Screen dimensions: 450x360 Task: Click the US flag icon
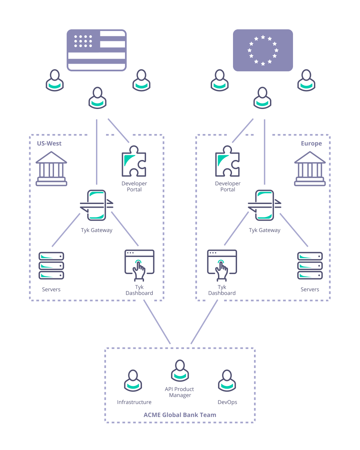click(97, 50)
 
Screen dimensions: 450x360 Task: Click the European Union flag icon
click(263, 50)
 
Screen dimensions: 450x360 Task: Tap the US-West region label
click(49, 144)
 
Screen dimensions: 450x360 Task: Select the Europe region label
click(311, 144)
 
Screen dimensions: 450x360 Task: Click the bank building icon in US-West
click(51, 169)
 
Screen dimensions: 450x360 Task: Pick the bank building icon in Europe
click(310, 169)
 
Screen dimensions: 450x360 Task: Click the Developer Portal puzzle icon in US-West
click(134, 161)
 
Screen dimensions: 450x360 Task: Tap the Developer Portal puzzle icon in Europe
click(228, 161)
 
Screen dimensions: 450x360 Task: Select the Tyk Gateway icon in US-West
click(97, 205)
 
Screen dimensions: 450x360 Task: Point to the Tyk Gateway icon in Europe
click(265, 205)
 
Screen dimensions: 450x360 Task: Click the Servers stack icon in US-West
click(51, 266)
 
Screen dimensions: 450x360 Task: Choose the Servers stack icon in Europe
click(310, 266)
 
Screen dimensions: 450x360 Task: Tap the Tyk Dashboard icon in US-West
click(139, 265)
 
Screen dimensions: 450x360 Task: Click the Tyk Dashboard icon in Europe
click(222, 265)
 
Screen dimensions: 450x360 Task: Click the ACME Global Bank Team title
click(180, 415)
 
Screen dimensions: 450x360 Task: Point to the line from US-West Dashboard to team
click(157, 322)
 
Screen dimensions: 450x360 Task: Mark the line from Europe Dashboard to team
click(204, 322)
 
